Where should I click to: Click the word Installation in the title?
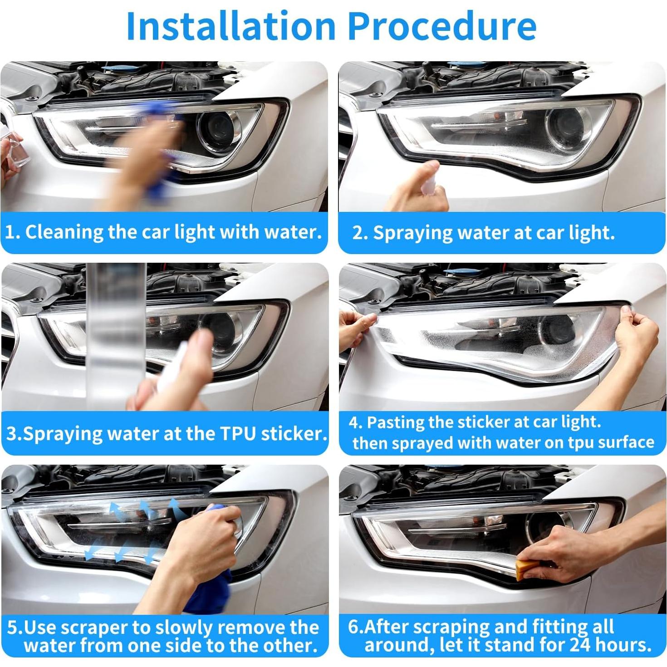(231, 26)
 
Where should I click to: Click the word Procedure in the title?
(442, 26)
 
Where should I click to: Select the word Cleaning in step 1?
(63, 233)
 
